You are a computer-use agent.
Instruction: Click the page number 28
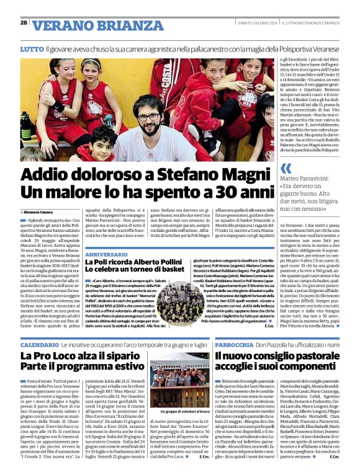[x=24, y=22]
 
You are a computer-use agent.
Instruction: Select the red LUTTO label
[x=31, y=48]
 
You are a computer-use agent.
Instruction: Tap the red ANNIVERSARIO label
[x=107, y=255]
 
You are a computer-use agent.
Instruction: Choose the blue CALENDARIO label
[x=39, y=344]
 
